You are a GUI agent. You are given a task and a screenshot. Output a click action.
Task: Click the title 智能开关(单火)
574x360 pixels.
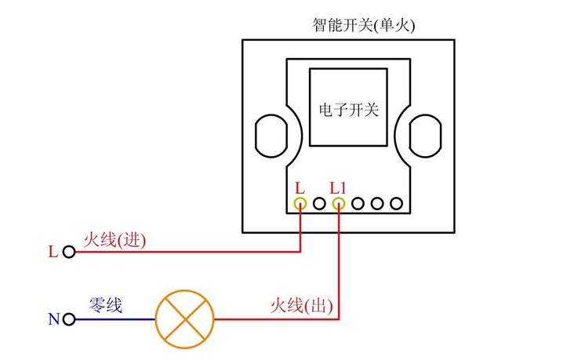(x=363, y=25)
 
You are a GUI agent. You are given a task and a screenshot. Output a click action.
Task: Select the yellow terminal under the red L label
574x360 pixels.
(x=300, y=204)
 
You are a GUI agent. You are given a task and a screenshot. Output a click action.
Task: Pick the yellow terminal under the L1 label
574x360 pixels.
(x=339, y=204)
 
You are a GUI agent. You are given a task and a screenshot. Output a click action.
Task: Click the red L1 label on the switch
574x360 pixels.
(x=338, y=187)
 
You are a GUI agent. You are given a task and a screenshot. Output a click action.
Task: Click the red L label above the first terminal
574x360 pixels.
(x=299, y=187)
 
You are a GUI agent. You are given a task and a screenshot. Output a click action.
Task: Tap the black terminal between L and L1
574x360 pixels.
(x=319, y=204)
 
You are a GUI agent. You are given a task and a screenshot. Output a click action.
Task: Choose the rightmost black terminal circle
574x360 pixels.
(x=397, y=204)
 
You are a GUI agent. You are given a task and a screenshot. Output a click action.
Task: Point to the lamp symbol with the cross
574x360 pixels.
(x=183, y=319)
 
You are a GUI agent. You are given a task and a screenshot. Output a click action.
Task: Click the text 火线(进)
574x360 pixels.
(x=115, y=239)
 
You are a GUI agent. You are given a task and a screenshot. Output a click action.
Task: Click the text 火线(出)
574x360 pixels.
(x=302, y=305)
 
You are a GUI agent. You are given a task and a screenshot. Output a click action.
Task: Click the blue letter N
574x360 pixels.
(x=53, y=319)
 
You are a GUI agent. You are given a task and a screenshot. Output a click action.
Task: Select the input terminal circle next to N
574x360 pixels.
(x=69, y=319)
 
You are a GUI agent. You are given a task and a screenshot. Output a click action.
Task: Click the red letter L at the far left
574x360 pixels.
(x=53, y=253)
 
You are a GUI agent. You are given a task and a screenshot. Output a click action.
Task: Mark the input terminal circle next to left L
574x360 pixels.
(x=69, y=253)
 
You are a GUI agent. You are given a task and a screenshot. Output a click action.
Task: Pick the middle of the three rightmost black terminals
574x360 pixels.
(x=378, y=204)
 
